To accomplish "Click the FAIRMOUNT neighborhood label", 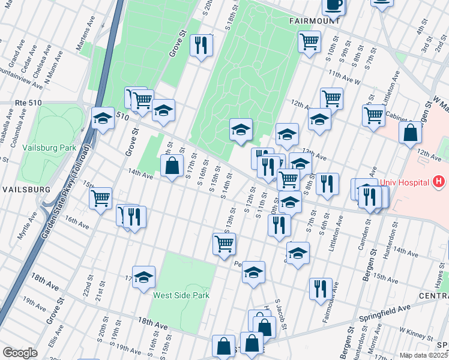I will (315, 20).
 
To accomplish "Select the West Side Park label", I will (181, 295).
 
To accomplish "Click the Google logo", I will (20, 352).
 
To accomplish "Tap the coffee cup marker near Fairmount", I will (334, 5).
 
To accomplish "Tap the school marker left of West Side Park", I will (143, 277).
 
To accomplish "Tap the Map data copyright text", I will (424, 355).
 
